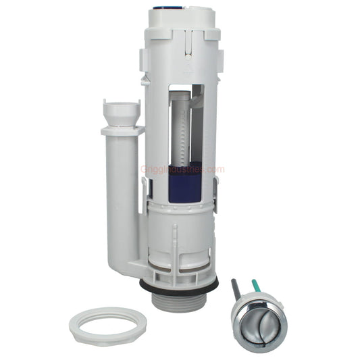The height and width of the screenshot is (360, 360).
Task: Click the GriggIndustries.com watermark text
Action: [x=182, y=170]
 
